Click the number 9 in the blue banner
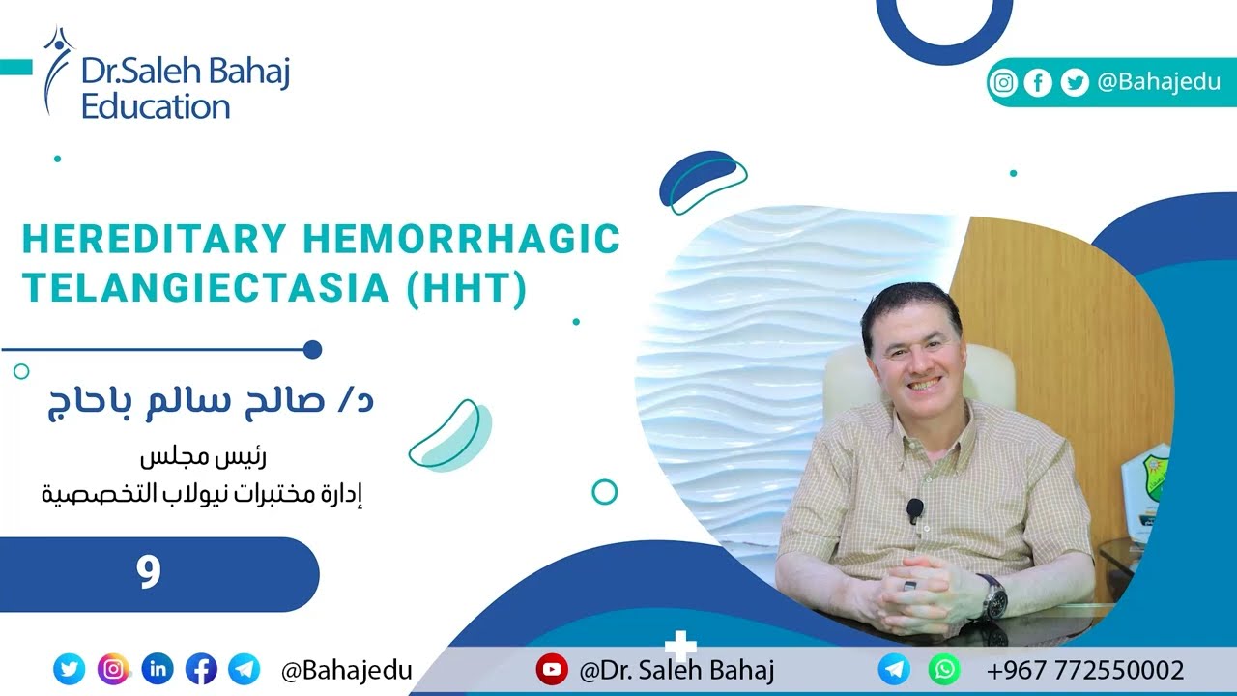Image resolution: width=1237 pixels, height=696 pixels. tap(148, 573)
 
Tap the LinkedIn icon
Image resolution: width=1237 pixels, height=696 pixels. tap(158, 669)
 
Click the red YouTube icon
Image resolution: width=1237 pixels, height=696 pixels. tap(551, 669)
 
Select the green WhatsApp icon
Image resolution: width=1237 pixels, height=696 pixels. tap(944, 669)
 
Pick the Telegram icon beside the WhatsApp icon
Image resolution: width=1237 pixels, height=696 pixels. tap(894, 669)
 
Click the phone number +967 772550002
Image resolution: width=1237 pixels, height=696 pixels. tap(1085, 670)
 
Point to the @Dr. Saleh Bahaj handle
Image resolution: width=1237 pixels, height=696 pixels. tap(676, 670)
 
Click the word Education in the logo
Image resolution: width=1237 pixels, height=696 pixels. tap(155, 106)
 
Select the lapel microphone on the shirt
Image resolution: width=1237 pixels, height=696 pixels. tap(914, 509)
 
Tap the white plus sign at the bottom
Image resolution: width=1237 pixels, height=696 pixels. tap(681, 646)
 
